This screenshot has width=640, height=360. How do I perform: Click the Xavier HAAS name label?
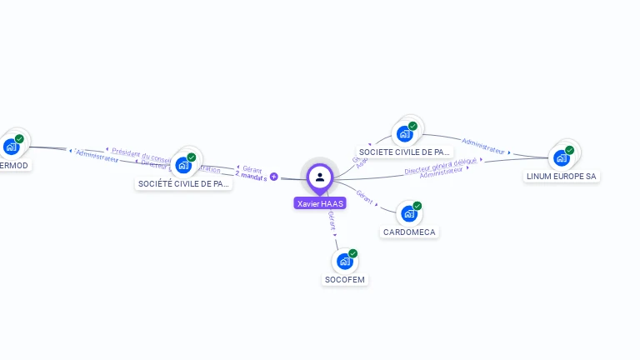pyautogui.click(x=320, y=203)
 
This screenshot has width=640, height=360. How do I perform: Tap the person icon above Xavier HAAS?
pyautogui.click(x=320, y=177)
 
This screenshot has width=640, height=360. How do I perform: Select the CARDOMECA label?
pyautogui.click(x=409, y=232)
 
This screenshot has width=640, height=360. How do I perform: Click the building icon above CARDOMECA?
pyautogui.click(x=408, y=213)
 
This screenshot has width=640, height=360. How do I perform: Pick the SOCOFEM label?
pyautogui.click(x=345, y=279)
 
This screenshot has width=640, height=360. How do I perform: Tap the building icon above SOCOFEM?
pyautogui.click(x=344, y=261)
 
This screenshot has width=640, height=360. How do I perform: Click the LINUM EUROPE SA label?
pyautogui.click(x=562, y=177)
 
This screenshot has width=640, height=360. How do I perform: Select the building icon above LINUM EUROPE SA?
pyautogui.click(x=561, y=157)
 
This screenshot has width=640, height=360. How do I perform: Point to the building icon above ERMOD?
pyautogui.click(x=11, y=147)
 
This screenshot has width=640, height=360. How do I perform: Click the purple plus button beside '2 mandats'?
pyautogui.click(x=273, y=177)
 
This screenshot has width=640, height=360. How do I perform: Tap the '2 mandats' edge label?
pyautogui.click(x=251, y=177)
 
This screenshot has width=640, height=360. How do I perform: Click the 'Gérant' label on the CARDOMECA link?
pyautogui.click(x=364, y=196)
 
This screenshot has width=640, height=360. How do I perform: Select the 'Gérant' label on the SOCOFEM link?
pyautogui.click(x=332, y=220)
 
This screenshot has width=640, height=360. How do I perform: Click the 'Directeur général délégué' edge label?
pyautogui.click(x=441, y=166)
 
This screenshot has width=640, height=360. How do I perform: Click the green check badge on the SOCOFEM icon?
pyautogui.click(x=353, y=253)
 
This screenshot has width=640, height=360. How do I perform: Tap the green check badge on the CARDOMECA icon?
pyautogui.click(x=417, y=206)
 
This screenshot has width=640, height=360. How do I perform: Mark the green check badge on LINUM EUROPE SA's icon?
pyautogui.click(x=570, y=150)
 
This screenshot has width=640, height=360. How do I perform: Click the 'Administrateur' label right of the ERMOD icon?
pyautogui.click(x=97, y=156)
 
